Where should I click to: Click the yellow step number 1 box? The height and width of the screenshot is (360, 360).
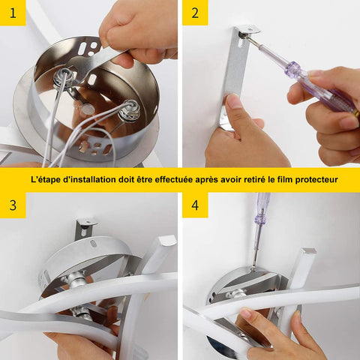pyautogui.click(x=13, y=13)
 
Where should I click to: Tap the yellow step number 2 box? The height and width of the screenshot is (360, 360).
pyautogui.click(x=195, y=13)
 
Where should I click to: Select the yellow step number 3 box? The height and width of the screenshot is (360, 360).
pyautogui.click(x=13, y=205)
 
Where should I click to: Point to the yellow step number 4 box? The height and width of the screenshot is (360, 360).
pyautogui.click(x=195, y=205)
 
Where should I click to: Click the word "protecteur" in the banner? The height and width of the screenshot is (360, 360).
pyautogui.click(x=316, y=180)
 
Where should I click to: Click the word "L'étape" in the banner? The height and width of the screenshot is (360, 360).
pyautogui.click(x=46, y=180)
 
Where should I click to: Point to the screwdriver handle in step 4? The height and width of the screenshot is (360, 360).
pyautogui.click(x=262, y=208)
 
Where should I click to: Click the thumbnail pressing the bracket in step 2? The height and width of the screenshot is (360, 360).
pyautogui.click(x=232, y=100)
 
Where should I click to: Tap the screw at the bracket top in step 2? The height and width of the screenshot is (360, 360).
pyautogui.click(x=243, y=35)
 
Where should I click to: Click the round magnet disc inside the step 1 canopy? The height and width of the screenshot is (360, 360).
pyautogui.click(x=88, y=109)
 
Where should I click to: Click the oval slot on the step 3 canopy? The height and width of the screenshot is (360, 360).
pyautogui.click(x=93, y=243)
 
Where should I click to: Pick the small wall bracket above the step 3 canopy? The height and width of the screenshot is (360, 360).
pyautogui.click(x=85, y=228)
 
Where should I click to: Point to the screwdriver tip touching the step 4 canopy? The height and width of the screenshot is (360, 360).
pyautogui.click(x=253, y=269)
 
